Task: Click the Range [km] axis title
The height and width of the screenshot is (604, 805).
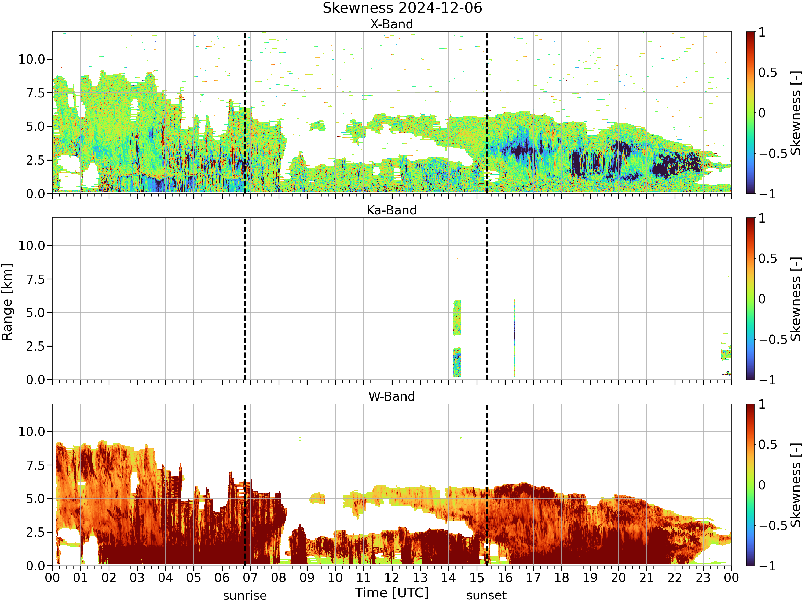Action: [x=7, y=302]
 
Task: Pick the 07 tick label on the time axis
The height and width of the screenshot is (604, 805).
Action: [x=250, y=578]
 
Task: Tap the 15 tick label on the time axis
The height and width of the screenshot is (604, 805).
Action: [x=477, y=578]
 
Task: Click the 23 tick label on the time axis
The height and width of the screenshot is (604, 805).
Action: [x=703, y=578]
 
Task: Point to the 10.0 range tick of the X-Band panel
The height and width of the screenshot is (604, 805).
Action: [x=32, y=59]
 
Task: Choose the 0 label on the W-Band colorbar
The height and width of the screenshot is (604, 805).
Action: [x=762, y=485]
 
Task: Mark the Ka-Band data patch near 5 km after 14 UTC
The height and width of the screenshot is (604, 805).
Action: [x=457, y=318]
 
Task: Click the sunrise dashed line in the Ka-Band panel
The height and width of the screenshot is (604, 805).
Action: [x=245, y=299]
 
